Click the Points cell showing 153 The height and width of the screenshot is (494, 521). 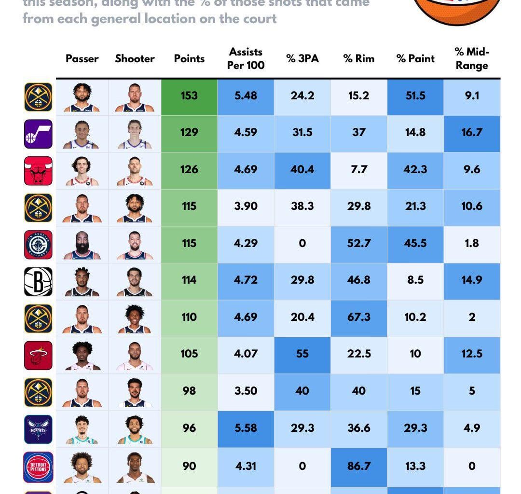[x=189, y=96]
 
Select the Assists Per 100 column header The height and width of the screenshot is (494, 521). [x=246, y=58]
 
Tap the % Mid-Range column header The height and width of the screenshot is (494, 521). [x=471, y=58]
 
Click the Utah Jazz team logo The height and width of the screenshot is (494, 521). [x=38, y=134]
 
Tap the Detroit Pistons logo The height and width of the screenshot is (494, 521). [x=38, y=467]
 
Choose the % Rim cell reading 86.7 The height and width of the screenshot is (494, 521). [x=358, y=466]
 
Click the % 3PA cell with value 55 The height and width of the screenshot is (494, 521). [x=302, y=354]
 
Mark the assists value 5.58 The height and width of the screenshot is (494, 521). [x=246, y=428]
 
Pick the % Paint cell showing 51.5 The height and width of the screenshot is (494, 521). [x=415, y=96]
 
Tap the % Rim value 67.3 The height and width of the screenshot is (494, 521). [x=358, y=317]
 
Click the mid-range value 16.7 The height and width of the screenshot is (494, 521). [x=471, y=132]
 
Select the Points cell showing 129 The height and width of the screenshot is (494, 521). [x=189, y=132]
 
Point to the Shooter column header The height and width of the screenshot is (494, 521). [x=135, y=58]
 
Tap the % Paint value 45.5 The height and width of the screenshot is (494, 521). [x=415, y=243]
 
